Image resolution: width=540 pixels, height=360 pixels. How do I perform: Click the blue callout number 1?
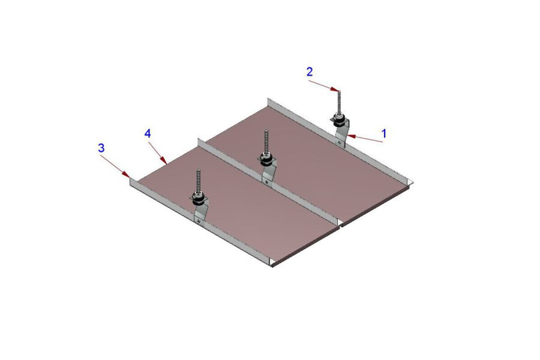click(385, 133)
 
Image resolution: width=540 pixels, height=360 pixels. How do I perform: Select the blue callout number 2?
click(310, 71)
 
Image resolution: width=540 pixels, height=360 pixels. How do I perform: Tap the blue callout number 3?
click(101, 148)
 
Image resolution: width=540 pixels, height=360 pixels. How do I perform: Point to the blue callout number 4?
click(148, 133)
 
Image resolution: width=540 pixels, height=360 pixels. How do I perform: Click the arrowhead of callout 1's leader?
click(351, 136)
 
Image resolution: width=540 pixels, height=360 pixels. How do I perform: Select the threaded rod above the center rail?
click(266, 143)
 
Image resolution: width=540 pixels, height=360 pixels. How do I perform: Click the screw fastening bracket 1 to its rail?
click(340, 142)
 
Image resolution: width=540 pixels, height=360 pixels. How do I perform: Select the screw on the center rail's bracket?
click(266, 182)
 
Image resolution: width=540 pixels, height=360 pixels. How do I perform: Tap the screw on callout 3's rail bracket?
click(199, 221)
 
